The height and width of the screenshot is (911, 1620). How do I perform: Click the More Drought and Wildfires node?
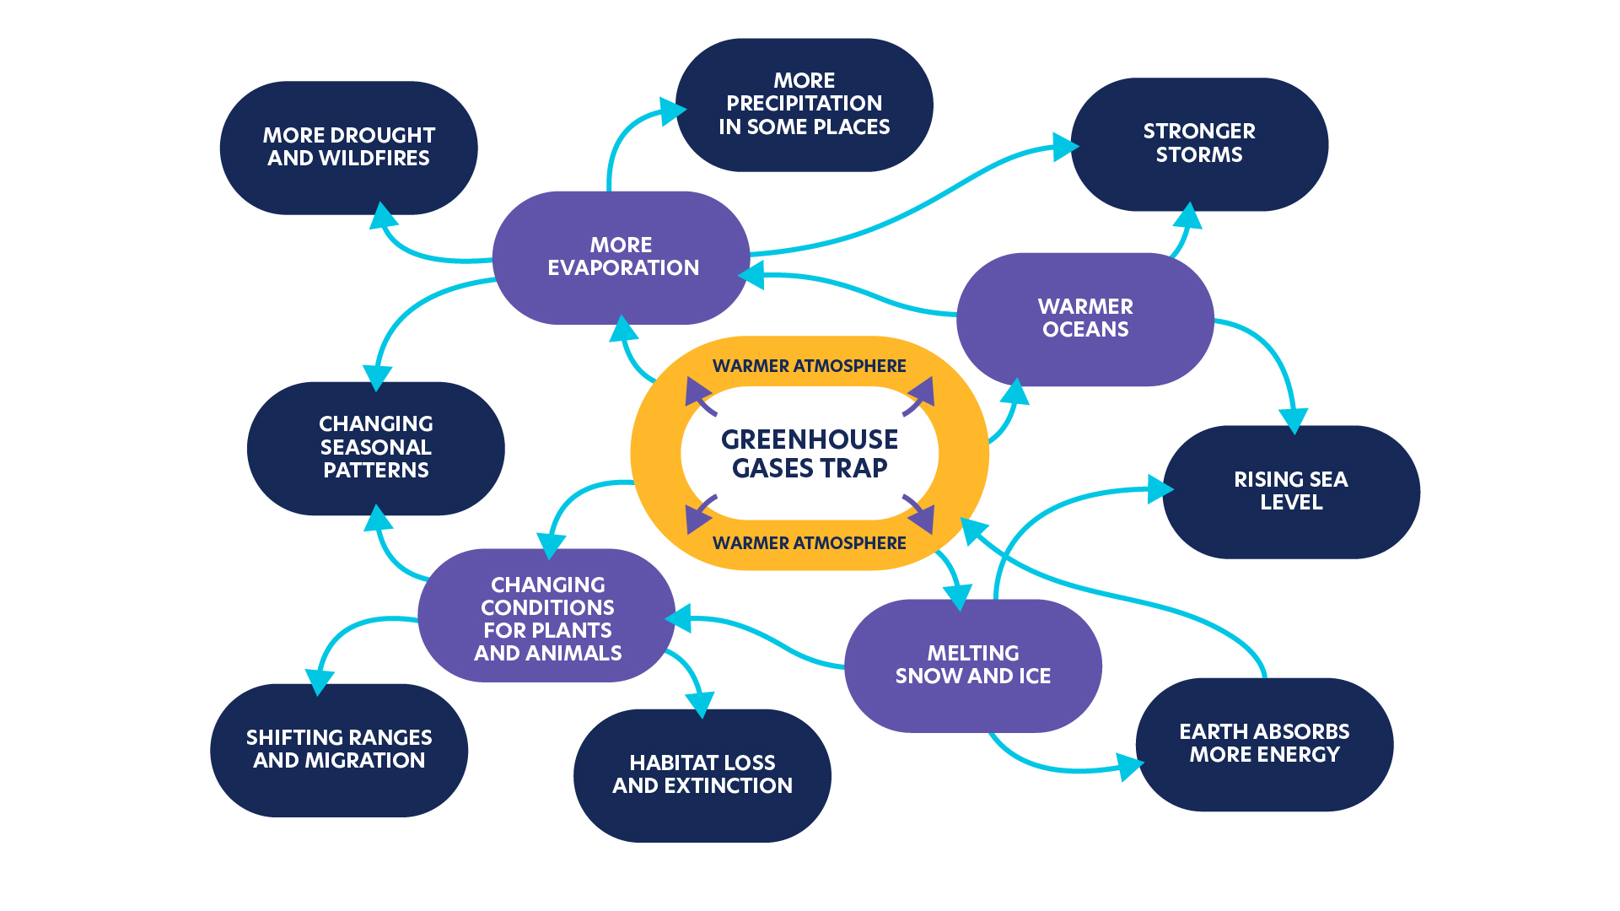click(348, 148)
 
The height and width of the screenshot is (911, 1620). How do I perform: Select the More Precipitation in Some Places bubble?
click(804, 105)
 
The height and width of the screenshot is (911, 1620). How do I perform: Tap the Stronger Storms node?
click(1198, 143)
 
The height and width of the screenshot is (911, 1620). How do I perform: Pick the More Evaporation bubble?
click(622, 257)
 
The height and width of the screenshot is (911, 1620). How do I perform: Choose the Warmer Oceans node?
click(1084, 319)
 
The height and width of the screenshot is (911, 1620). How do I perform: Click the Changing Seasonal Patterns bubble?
click(375, 448)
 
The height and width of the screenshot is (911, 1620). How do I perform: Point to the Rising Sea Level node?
click(1290, 492)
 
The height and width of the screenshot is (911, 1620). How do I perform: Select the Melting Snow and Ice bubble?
click(972, 666)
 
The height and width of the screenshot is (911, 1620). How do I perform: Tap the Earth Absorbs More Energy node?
click(1263, 744)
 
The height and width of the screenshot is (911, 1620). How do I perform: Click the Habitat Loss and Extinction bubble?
click(702, 775)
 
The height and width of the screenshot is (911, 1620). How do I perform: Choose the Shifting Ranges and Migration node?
click(338, 750)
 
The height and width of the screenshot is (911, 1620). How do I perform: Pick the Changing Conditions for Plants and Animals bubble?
click(546, 618)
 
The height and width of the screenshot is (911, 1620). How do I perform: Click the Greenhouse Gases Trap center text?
click(809, 454)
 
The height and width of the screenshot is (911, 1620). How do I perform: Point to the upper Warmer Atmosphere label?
click(809, 366)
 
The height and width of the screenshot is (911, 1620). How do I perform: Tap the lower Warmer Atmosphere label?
click(809, 543)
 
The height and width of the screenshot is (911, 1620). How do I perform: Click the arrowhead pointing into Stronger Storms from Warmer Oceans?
click(1188, 217)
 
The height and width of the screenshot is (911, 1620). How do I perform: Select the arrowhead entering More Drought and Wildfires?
click(383, 215)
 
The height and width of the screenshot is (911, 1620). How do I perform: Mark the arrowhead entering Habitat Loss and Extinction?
click(700, 704)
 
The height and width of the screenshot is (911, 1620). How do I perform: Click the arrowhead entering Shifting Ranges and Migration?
click(319, 682)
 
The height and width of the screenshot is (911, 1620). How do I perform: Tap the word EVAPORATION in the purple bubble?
click(623, 268)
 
